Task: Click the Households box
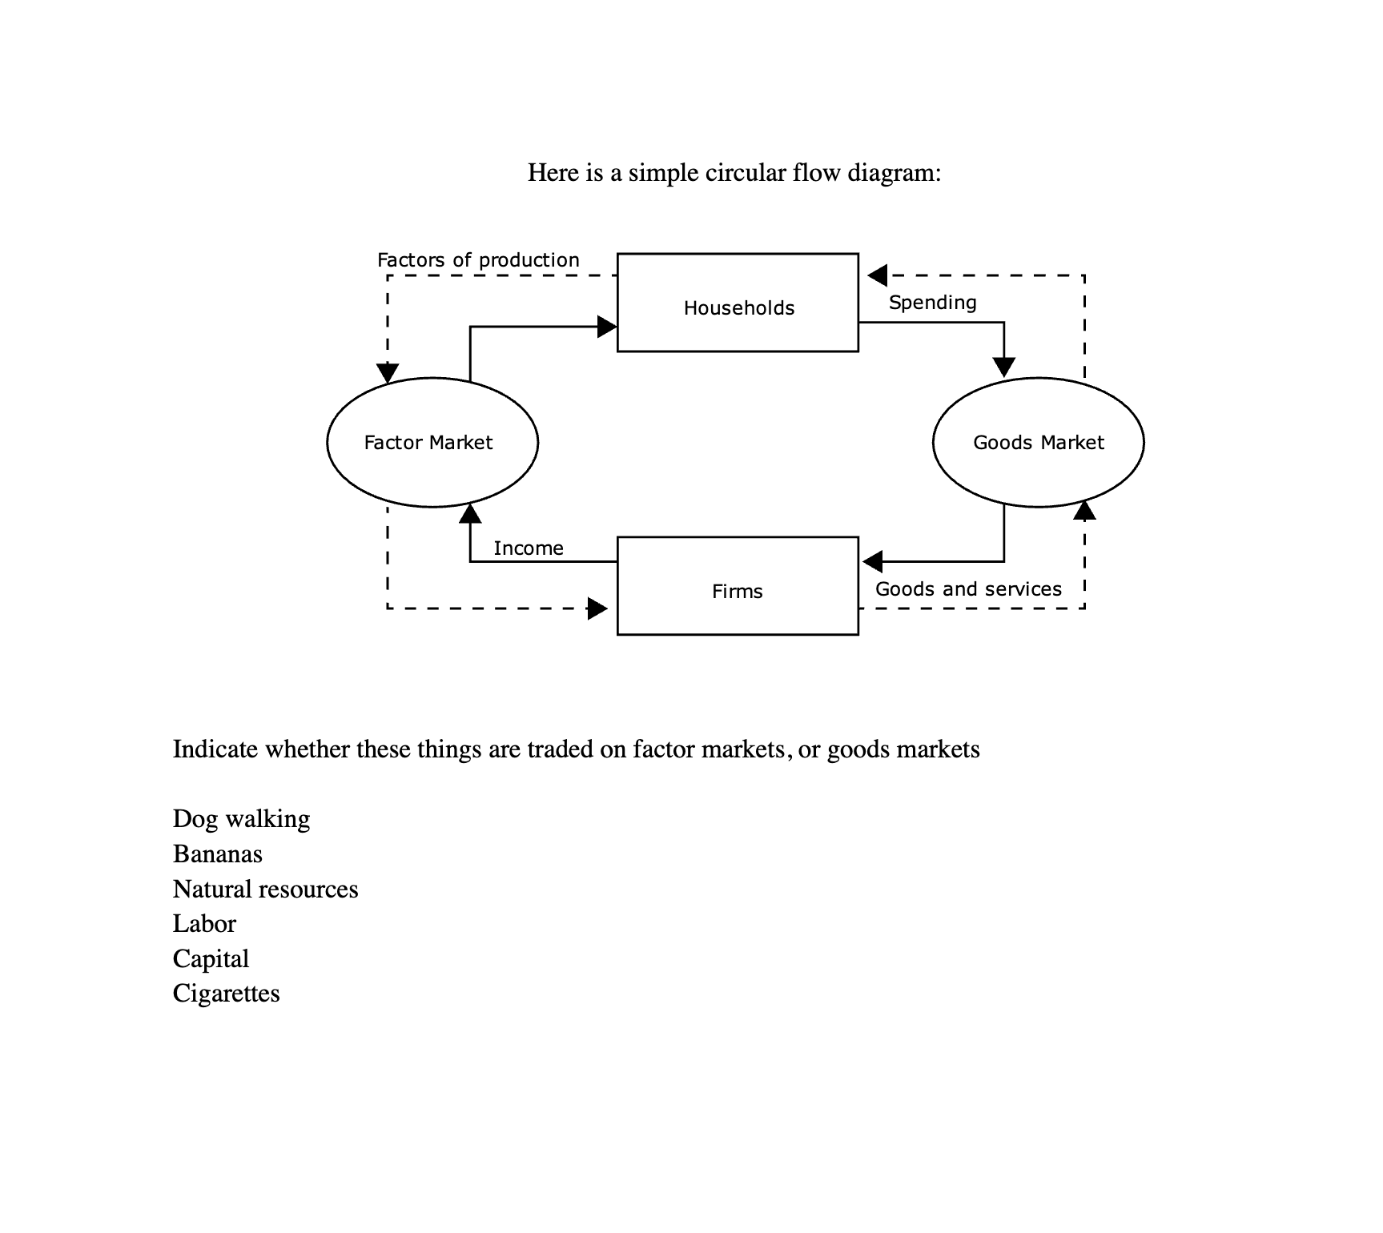coord(738,303)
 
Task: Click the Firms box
coord(738,586)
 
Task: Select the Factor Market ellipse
coord(432,442)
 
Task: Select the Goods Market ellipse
coord(1038,442)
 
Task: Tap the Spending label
coord(932,303)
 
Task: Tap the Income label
coord(529,548)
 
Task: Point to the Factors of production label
coord(478,260)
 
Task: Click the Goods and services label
coord(968,589)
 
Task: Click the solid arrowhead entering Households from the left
coord(607,327)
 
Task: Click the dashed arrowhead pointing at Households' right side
coord(878,275)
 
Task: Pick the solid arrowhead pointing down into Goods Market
coord(1003,367)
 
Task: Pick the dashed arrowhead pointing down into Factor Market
coord(388,372)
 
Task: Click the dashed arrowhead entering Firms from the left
coord(597,608)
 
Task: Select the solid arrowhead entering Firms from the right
coord(873,561)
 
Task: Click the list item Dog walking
coord(241,819)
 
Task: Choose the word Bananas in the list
coord(217,854)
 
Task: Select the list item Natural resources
coord(265,890)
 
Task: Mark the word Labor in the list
coord(204,924)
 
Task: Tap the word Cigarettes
coord(226,994)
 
